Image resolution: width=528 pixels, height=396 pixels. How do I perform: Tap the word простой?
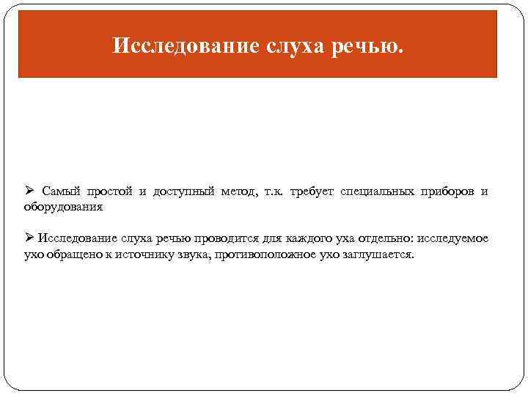click(x=110, y=192)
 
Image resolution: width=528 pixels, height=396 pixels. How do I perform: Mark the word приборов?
click(x=447, y=192)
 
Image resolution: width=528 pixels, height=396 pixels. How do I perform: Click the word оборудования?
click(x=64, y=207)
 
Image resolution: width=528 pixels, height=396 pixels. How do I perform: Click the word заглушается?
click(x=376, y=254)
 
